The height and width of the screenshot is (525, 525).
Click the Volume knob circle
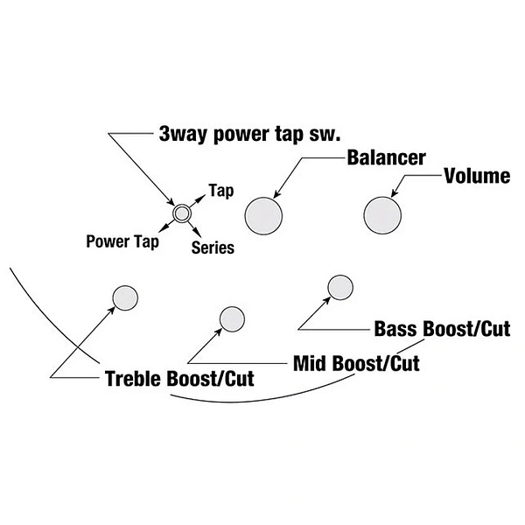point(382,215)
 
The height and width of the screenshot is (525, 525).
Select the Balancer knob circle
point(263,216)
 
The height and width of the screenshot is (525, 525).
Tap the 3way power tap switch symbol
point(182,213)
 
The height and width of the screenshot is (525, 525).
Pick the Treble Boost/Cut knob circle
point(125,298)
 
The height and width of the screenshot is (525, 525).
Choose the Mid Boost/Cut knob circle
point(232,319)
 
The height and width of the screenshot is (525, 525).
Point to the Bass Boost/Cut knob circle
point(340,288)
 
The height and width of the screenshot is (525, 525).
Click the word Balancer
point(387,157)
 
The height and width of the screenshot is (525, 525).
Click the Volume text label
point(477,176)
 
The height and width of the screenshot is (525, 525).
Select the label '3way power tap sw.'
point(249,135)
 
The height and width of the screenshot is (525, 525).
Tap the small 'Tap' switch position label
point(221,191)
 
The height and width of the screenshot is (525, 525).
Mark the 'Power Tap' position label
point(122,241)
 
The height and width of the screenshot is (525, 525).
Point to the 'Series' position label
point(213,248)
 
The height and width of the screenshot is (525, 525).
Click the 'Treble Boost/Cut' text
point(179,379)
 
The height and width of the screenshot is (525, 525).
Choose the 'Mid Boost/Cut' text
point(356,363)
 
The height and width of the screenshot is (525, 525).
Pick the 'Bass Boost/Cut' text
point(442,329)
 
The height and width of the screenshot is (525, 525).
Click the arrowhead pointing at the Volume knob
point(395,192)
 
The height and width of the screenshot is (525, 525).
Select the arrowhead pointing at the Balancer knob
point(277,194)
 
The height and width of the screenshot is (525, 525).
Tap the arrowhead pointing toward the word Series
point(198,233)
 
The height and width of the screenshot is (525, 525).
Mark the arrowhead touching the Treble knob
point(111,311)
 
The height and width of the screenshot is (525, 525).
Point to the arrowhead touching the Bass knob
point(326,300)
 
